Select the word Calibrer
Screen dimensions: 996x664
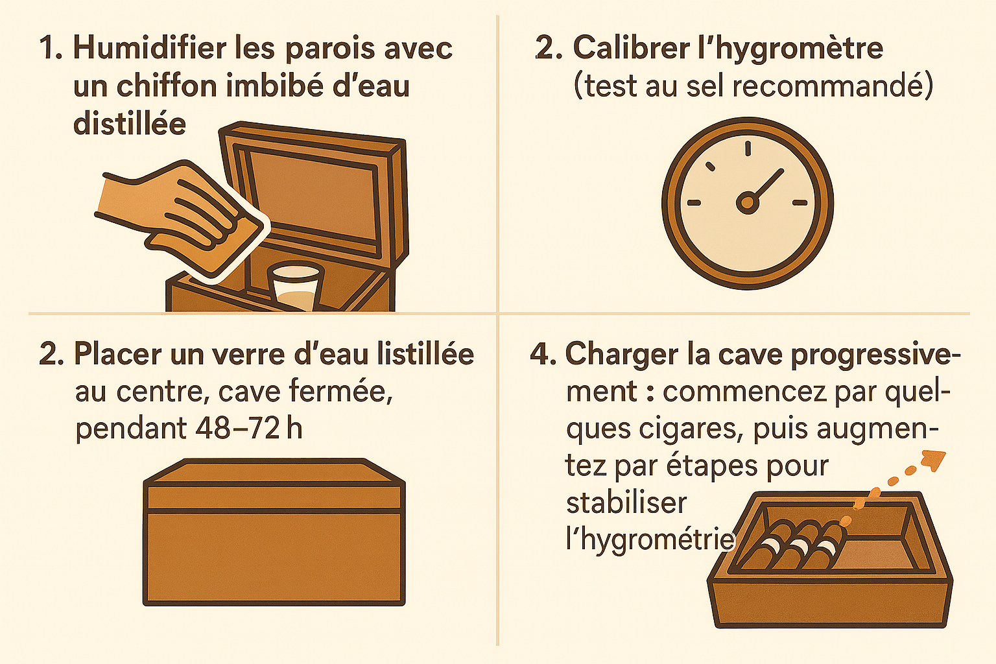tap(631, 47)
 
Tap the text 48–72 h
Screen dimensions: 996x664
tap(248, 429)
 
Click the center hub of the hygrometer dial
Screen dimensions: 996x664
tap(748, 203)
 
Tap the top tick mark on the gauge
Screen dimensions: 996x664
tap(748, 148)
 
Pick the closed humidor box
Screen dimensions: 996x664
tap(274, 532)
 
